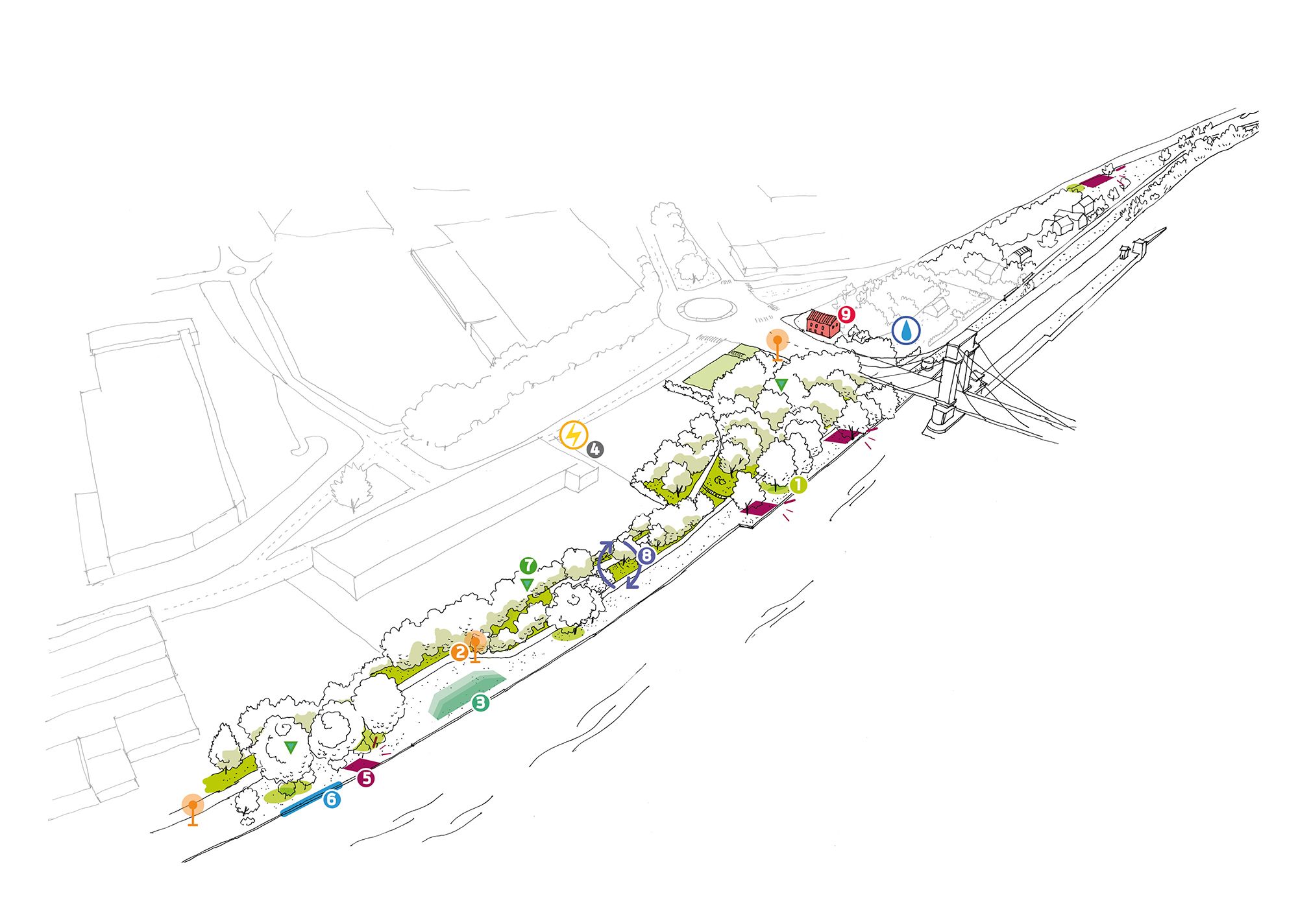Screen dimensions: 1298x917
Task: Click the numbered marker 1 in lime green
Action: [x=798, y=484]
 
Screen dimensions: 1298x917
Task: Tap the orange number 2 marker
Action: [x=459, y=652]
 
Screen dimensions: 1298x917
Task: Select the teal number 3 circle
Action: [x=480, y=702]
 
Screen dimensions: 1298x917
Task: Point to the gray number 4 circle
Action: [x=594, y=449]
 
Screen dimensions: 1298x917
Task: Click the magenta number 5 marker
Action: [x=367, y=778]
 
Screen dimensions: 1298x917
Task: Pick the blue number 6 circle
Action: [x=331, y=799]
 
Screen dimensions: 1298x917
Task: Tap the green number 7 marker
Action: [x=528, y=566]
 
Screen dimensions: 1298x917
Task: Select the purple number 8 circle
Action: [x=646, y=555]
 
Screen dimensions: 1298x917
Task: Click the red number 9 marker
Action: [x=846, y=315]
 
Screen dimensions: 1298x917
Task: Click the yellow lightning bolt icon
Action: [x=574, y=435]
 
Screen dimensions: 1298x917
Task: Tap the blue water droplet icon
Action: [x=906, y=330]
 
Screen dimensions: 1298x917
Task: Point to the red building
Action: [x=822, y=322]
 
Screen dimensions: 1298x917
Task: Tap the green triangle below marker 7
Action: [x=527, y=584]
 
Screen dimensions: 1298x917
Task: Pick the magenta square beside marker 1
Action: [x=759, y=507]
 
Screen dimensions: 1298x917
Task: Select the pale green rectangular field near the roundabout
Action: [x=717, y=369]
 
